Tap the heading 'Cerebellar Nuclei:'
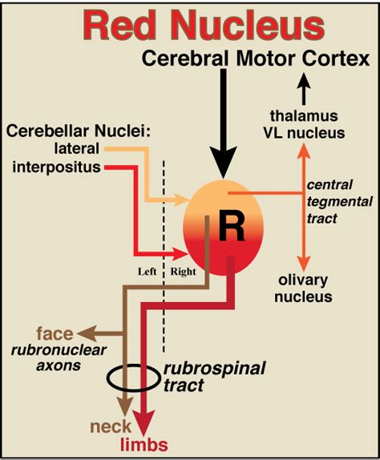62,131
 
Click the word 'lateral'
78,148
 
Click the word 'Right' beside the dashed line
183,271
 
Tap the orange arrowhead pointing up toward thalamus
303,150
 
